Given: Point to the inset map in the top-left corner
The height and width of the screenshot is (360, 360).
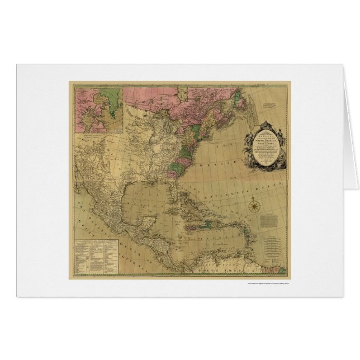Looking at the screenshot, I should point(98,108).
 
